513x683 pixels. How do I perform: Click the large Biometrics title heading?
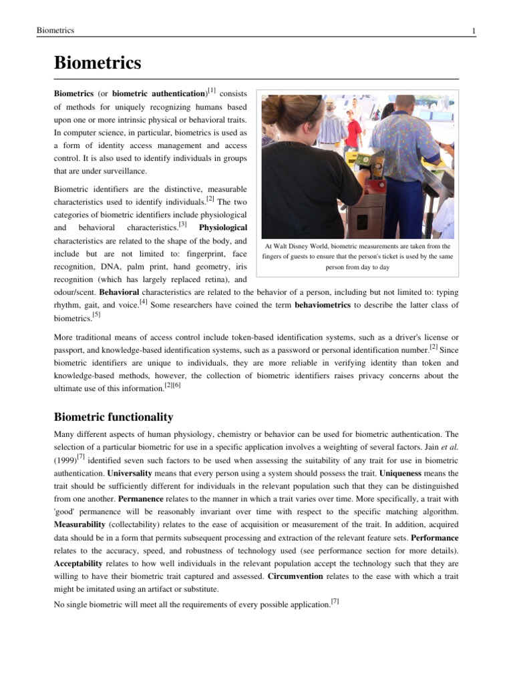pos(98,63)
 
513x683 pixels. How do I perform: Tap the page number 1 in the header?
pos(473,31)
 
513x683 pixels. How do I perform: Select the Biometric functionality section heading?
pos(113,417)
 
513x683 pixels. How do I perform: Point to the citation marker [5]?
pos(97,314)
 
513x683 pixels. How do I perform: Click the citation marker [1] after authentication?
pos(211,90)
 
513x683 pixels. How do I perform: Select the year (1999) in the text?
pos(64,460)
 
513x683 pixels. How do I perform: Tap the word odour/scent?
pos(75,292)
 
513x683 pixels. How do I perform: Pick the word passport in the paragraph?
pos(69,348)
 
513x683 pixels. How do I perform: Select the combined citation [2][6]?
pos(172,386)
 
